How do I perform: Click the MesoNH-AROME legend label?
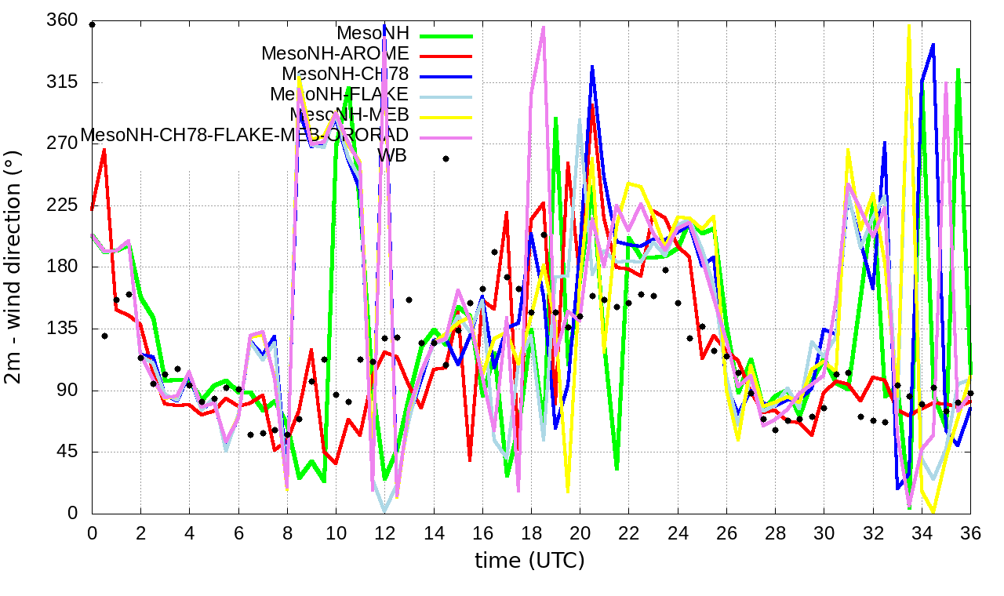click(x=335, y=54)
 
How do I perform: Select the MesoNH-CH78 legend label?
click(x=345, y=74)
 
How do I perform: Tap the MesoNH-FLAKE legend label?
click(x=339, y=94)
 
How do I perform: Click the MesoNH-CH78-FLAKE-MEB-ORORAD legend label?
click(x=245, y=135)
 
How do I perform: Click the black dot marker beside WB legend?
click(x=446, y=158)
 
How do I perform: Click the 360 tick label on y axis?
click(x=63, y=21)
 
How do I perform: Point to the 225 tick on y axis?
click(x=63, y=206)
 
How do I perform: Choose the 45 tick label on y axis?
click(x=67, y=452)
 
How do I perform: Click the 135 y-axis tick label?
click(x=63, y=329)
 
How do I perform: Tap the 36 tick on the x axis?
click(x=970, y=532)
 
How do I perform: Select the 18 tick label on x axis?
click(x=531, y=532)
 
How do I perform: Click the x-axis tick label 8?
click(x=287, y=532)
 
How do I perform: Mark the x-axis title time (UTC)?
click(x=529, y=560)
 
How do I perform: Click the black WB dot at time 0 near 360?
click(x=93, y=24)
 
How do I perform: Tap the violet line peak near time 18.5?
click(x=544, y=27)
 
